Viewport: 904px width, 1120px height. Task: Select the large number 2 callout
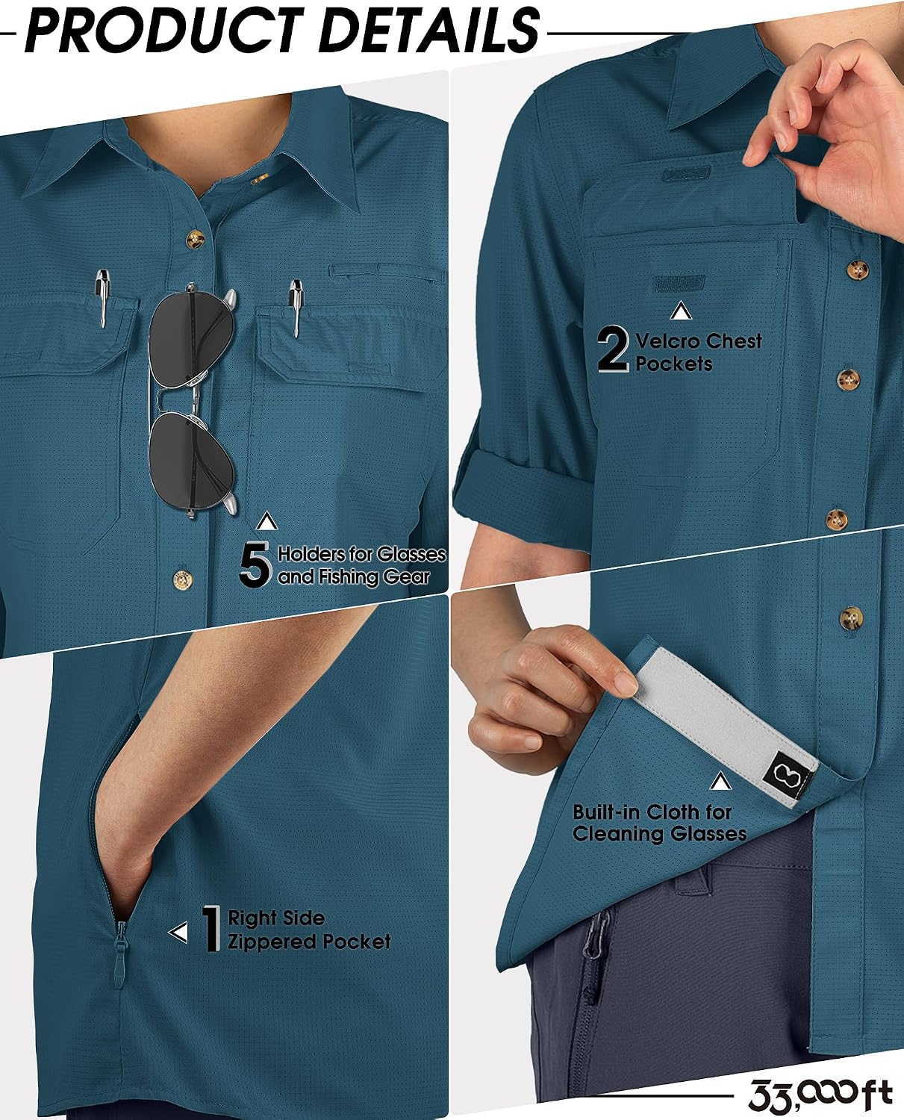tap(613, 349)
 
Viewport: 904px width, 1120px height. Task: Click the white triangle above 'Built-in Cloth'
tap(720, 782)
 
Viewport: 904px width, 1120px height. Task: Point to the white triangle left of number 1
tap(178, 933)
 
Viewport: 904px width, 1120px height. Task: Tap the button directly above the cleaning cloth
tap(850, 616)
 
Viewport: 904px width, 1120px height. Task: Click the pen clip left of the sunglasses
tap(102, 298)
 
